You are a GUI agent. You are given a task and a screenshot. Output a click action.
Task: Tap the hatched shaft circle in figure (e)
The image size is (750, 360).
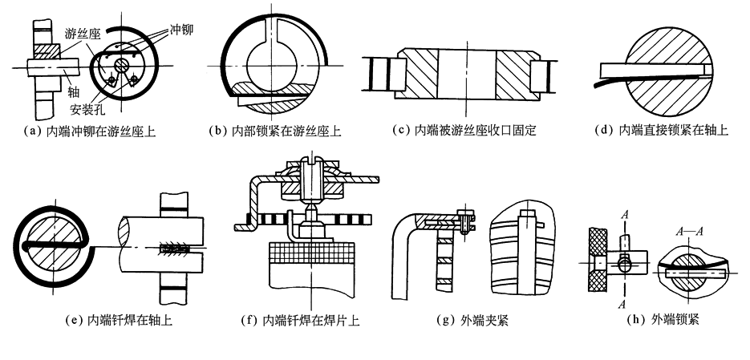pos(53,245)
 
